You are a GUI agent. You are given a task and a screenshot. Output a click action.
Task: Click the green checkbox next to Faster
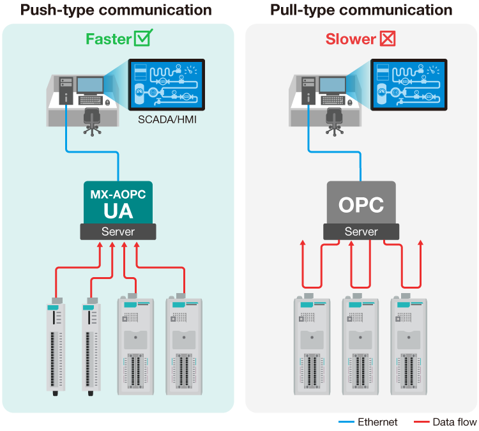(144, 38)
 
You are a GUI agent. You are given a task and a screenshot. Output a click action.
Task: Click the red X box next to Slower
(388, 38)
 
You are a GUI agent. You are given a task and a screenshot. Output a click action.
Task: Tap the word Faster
(108, 39)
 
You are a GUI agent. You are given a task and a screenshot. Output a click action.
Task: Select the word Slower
(351, 39)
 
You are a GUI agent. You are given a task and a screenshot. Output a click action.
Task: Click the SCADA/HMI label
(164, 119)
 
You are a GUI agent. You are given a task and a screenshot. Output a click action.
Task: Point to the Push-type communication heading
(116, 10)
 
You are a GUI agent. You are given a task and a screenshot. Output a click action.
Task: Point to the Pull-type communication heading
(361, 10)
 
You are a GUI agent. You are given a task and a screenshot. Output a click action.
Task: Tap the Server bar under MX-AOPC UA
(118, 232)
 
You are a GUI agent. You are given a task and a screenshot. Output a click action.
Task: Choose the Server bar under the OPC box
(361, 232)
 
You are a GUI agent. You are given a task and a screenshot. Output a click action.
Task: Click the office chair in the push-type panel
(93, 121)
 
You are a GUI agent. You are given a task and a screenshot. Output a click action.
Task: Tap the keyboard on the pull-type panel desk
(336, 100)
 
